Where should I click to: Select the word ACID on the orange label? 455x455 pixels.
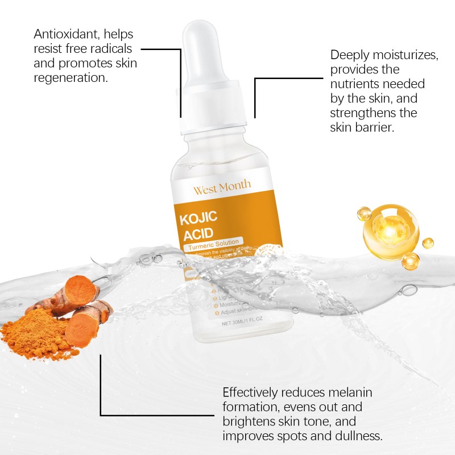(197, 234)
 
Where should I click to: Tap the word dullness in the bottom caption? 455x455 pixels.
(356, 436)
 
